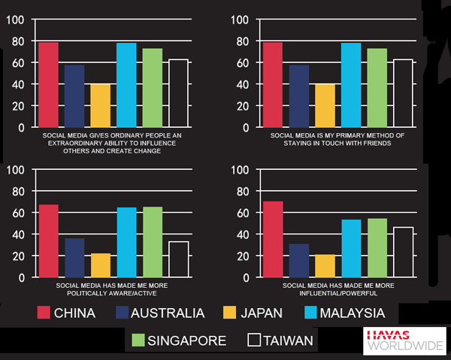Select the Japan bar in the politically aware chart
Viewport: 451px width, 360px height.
[101, 265]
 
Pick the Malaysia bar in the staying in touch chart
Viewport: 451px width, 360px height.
[351, 85]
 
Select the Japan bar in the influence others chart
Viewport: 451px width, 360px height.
[101, 106]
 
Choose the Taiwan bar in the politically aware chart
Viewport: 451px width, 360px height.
[179, 259]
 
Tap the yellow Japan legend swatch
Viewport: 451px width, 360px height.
[235, 313]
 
